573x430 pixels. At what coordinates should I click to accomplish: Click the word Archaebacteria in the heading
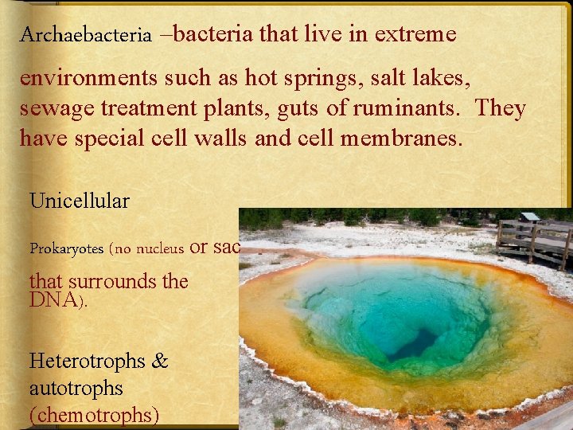click(x=86, y=35)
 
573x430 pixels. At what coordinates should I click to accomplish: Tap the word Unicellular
click(x=80, y=201)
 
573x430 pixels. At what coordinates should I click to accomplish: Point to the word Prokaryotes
click(x=67, y=248)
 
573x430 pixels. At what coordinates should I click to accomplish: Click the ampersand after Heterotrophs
click(x=160, y=361)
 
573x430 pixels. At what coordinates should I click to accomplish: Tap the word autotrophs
click(x=76, y=388)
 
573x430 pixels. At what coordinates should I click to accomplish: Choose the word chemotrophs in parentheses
click(x=95, y=415)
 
